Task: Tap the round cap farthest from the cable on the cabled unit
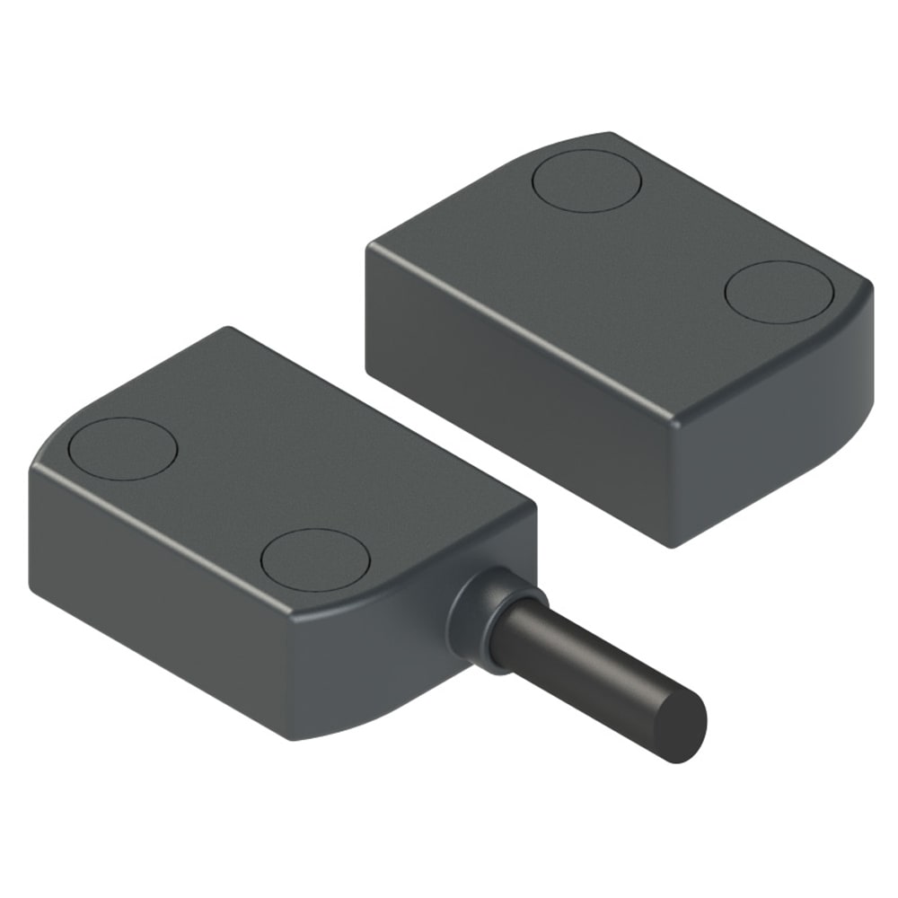[122, 448]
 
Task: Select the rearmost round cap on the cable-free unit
[586, 180]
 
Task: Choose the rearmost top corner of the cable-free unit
[611, 135]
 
